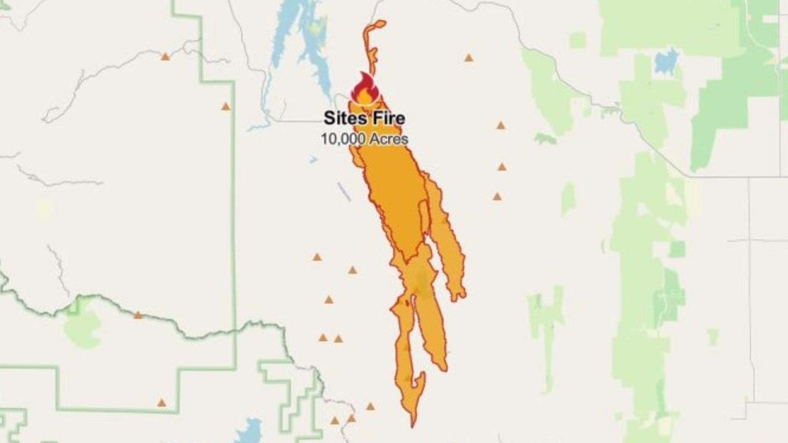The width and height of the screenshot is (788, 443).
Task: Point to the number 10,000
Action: coord(343,139)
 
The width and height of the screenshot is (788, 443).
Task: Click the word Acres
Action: coord(389,139)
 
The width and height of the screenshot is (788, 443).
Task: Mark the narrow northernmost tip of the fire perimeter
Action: coord(380,23)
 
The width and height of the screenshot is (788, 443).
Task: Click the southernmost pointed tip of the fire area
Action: coord(412,426)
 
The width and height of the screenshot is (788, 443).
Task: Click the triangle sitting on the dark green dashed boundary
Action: coord(138,315)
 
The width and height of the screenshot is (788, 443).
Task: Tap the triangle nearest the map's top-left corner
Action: coord(165,57)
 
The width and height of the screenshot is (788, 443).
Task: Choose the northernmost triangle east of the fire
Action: coord(469,58)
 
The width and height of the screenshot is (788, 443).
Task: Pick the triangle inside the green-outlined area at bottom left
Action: coord(162,403)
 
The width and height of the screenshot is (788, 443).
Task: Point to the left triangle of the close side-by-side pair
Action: coord(323,338)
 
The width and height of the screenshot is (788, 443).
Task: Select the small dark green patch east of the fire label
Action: coord(545,139)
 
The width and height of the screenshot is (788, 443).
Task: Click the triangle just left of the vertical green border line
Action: coord(225,107)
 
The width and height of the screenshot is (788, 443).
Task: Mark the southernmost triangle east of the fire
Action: coord(497,197)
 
